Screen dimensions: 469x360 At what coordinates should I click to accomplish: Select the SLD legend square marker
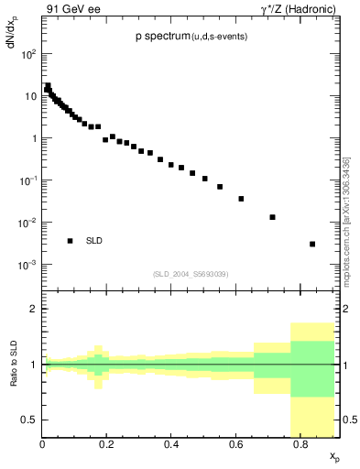pyautogui.click(x=70, y=241)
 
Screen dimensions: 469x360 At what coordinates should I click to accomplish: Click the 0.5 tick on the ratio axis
pyautogui.click(x=29, y=420)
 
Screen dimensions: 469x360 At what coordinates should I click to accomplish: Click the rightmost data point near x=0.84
pyautogui.click(x=312, y=244)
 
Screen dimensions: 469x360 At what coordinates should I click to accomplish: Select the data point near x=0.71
pyautogui.click(x=272, y=217)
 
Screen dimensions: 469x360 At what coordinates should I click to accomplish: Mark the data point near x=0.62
pyautogui.click(x=241, y=198)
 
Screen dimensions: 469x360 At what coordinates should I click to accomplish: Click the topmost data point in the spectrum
pyautogui.click(x=48, y=85)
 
